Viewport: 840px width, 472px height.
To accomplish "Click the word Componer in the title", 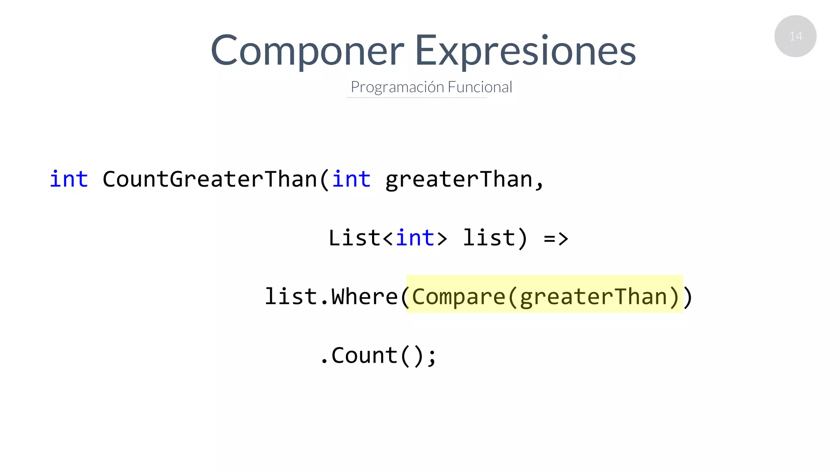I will [x=307, y=51].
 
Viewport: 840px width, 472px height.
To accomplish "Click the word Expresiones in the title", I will [x=525, y=51].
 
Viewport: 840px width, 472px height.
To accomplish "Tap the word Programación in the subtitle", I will [x=397, y=87].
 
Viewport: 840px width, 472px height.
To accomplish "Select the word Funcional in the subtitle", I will [x=480, y=87].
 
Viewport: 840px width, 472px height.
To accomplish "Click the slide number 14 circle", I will [x=795, y=36].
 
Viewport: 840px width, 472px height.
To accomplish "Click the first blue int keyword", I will [x=68, y=179].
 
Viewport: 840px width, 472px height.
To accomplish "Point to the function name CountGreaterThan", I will [x=210, y=179].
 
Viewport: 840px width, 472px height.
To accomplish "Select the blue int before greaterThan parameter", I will [x=351, y=179].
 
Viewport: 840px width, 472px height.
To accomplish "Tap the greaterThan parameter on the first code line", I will [x=459, y=179].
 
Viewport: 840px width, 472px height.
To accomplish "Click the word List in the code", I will [x=354, y=238].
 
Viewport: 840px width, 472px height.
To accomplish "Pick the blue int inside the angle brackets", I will [x=415, y=238].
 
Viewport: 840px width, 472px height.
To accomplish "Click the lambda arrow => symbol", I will [x=556, y=238].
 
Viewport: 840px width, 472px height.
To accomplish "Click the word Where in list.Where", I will [x=364, y=297].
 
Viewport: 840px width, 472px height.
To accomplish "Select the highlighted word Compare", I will [x=458, y=297].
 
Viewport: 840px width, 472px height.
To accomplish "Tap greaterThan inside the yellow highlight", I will [x=593, y=297].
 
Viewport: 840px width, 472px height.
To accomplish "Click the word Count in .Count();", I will [x=364, y=355].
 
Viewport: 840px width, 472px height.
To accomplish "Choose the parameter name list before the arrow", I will [x=488, y=238].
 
